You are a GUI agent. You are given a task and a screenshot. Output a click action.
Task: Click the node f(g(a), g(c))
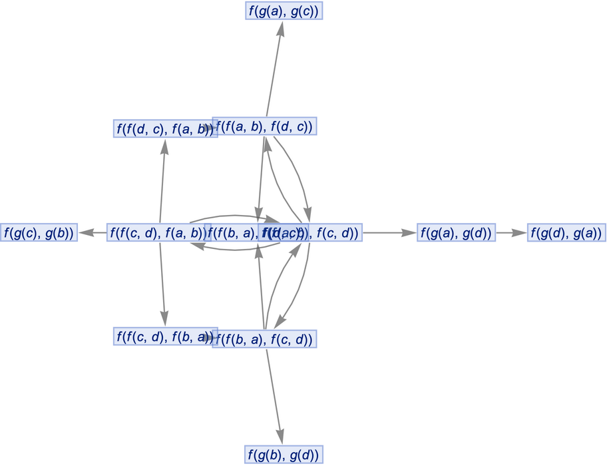pyautogui.click(x=284, y=11)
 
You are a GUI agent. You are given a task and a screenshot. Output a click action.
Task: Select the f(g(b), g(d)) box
pyautogui.click(x=284, y=455)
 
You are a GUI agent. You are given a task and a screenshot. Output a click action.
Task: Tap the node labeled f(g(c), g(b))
pyautogui.click(x=39, y=233)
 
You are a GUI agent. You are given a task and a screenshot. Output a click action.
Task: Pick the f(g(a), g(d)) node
pyautogui.click(x=457, y=233)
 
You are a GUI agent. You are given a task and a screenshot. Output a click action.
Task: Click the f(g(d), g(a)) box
pyautogui.click(x=566, y=233)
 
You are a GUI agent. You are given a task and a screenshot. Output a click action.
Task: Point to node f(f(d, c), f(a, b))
pyautogui.click(x=164, y=128)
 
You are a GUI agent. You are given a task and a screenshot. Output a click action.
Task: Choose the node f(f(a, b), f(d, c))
pyautogui.click(x=264, y=126)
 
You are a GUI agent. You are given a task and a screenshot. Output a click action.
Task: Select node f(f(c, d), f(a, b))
pyautogui.click(x=158, y=233)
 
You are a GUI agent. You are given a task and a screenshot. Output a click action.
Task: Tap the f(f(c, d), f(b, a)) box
pyautogui.click(x=164, y=337)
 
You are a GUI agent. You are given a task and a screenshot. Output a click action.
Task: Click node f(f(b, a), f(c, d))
pyautogui.click(x=264, y=340)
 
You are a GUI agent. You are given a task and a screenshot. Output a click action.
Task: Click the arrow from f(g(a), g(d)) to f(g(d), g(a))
pyautogui.click(x=510, y=233)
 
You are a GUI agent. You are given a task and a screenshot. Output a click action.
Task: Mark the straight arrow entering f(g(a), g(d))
pyautogui.click(x=389, y=233)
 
